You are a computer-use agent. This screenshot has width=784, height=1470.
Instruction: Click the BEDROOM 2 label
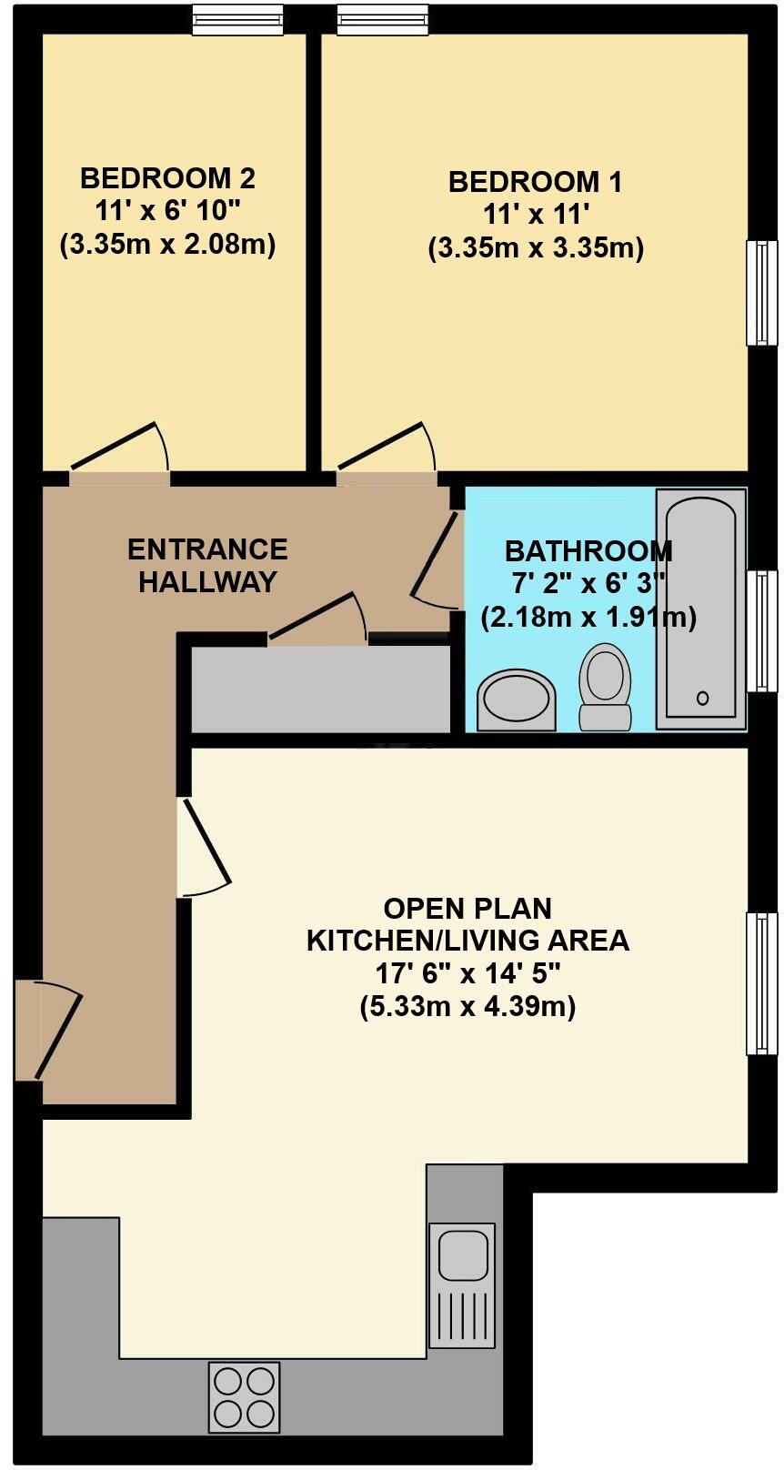[x=167, y=176]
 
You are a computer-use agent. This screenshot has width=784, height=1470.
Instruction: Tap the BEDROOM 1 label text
[x=535, y=182]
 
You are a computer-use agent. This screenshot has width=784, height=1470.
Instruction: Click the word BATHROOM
[x=588, y=551]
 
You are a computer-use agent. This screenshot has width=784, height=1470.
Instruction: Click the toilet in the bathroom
[x=606, y=687]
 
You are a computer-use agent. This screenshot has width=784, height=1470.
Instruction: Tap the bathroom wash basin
[x=517, y=701]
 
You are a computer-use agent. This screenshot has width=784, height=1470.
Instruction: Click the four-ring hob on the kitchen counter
[x=244, y=1396]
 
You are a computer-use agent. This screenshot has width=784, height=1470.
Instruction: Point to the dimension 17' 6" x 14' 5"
[x=467, y=974]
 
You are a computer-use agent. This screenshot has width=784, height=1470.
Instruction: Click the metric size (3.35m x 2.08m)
[x=167, y=244]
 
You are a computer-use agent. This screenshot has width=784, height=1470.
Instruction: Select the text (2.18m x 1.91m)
[x=588, y=618]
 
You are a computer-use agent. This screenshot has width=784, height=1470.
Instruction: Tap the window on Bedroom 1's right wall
[x=762, y=293]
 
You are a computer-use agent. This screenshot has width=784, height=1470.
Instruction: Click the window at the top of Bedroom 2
[x=237, y=21]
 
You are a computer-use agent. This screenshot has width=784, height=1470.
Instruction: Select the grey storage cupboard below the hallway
[x=320, y=689]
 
